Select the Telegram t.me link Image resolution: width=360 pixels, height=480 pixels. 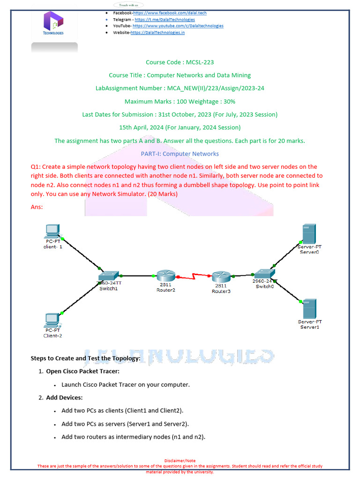point(165,20)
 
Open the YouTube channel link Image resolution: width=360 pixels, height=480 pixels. point(178,26)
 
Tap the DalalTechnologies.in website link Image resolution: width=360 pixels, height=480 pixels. point(157,32)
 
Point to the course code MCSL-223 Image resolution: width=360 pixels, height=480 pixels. point(180,62)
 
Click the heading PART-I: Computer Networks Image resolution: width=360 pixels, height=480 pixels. point(180,154)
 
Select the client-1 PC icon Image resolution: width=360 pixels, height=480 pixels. point(52,231)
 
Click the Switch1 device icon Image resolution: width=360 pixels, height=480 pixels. point(110,276)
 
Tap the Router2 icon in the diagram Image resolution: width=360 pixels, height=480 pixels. point(165,276)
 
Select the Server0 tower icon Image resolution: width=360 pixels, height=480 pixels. point(309,233)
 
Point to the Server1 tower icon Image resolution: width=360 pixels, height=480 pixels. point(309,308)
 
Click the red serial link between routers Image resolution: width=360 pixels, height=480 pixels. point(193,278)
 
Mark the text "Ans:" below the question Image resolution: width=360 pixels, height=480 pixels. point(37,206)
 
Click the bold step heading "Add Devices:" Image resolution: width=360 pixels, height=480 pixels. point(64,397)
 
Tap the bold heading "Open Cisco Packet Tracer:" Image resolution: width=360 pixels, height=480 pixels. point(82,371)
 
